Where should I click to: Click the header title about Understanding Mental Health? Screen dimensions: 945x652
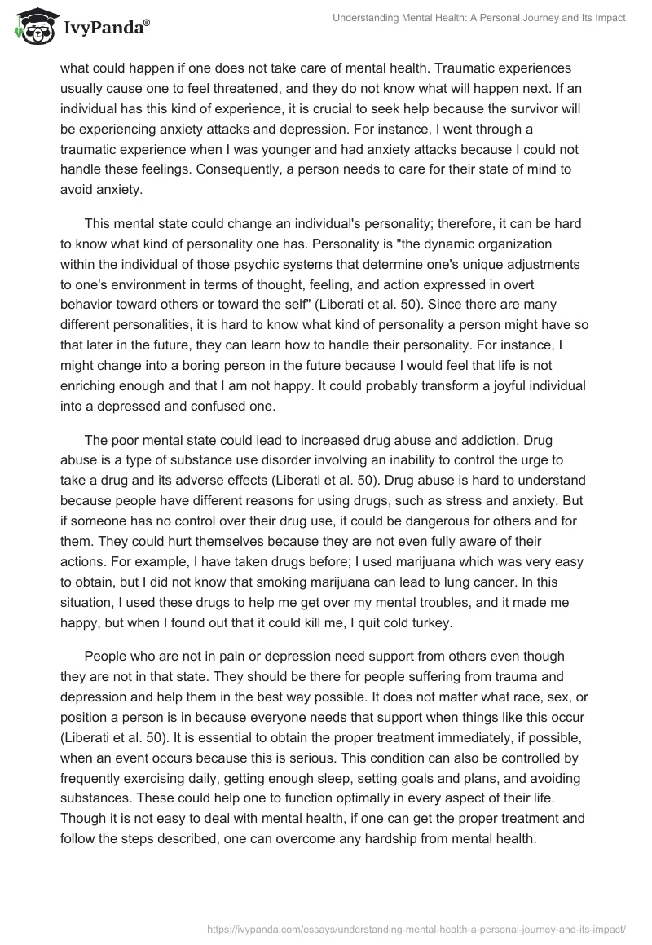479,18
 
